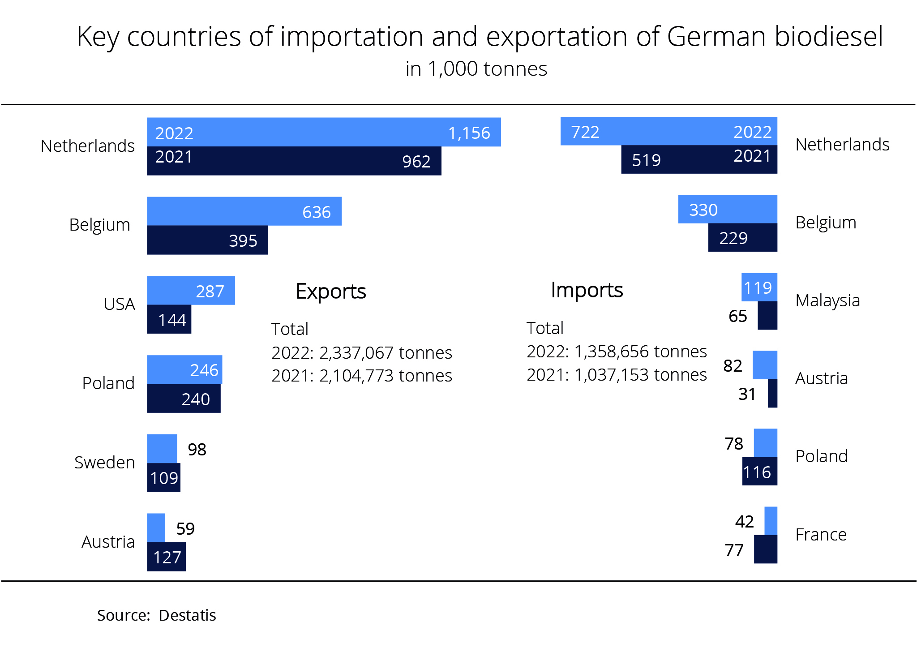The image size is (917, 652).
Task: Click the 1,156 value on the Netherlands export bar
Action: click(x=469, y=133)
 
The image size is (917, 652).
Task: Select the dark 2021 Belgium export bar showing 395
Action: click(x=207, y=240)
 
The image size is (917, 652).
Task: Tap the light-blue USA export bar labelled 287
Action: click(x=191, y=291)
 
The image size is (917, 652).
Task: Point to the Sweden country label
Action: click(x=104, y=462)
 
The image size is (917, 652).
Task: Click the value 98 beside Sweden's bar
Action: click(x=197, y=450)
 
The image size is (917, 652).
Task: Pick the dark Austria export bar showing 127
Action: click(x=166, y=557)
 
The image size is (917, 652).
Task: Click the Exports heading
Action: click(x=331, y=292)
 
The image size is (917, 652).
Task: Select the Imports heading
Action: click(x=587, y=290)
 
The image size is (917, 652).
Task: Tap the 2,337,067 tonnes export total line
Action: click(x=362, y=353)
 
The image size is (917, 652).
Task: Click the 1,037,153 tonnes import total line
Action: click(x=617, y=375)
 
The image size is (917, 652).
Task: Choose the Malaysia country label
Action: click(x=827, y=300)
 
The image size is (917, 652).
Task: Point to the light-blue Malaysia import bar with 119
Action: click(x=759, y=287)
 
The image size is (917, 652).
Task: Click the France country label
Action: click(x=821, y=535)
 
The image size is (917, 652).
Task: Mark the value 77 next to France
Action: click(x=734, y=550)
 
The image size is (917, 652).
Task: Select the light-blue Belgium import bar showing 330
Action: click(x=728, y=209)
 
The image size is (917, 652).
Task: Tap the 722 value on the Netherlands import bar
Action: click(x=585, y=132)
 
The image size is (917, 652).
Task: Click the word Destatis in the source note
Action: click(x=187, y=615)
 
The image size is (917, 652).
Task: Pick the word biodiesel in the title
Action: click(x=828, y=36)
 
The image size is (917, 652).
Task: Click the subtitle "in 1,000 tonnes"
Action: click(x=476, y=69)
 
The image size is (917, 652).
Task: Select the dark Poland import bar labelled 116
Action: click(x=759, y=472)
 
